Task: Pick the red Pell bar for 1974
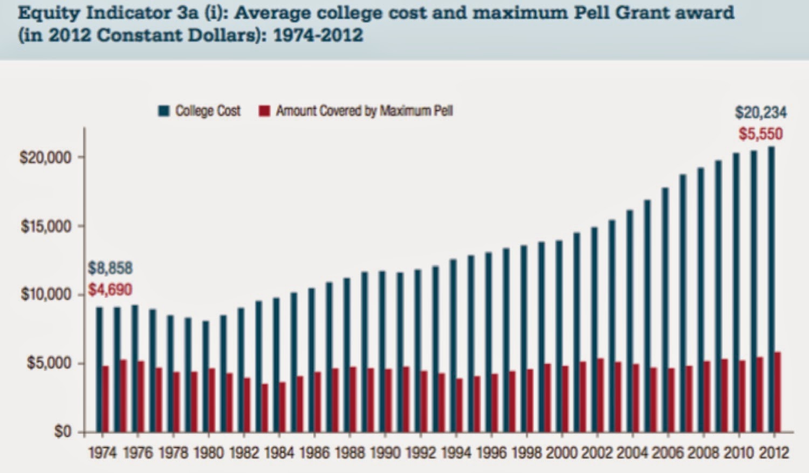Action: tap(106, 399)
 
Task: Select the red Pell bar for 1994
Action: tap(459, 405)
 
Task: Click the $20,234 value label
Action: tap(760, 113)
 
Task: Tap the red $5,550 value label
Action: tap(760, 134)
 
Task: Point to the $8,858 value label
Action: tap(110, 268)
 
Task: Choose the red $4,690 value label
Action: tap(110, 290)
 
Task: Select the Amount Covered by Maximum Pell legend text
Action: tap(364, 111)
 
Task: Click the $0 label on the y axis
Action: tap(63, 433)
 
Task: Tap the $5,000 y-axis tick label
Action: tap(49, 364)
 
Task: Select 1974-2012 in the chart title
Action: tap(318, 36)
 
